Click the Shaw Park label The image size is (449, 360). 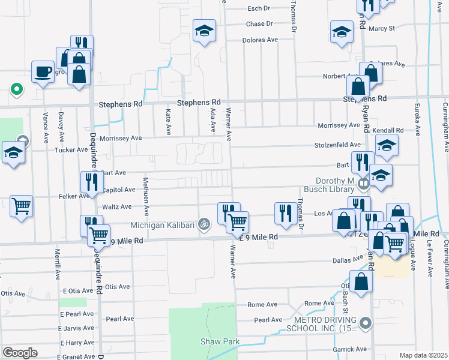coord(220,342)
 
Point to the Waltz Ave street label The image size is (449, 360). coord(118,207)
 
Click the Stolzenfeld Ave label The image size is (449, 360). coord(339,145)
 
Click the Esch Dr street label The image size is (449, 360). coord(259,9)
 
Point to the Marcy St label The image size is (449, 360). coord(382,28)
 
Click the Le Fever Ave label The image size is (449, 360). coord(430,259)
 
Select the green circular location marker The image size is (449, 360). coord(17,90)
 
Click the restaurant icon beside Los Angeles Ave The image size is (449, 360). coord(284,212)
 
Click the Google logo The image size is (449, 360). coord(20,353)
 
